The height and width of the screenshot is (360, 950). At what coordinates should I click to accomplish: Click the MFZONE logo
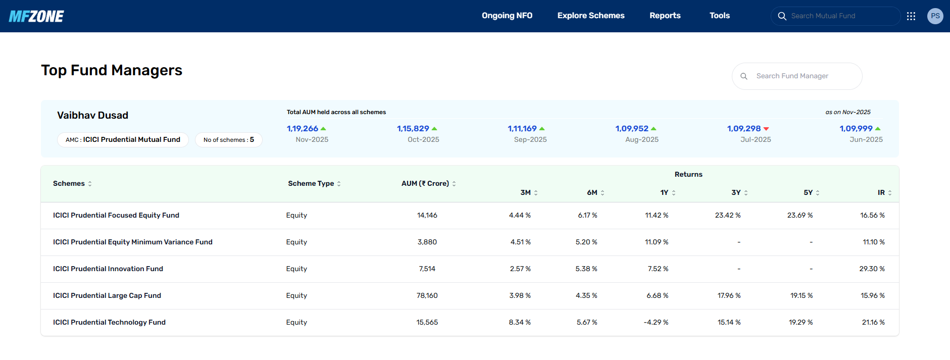[36, 16]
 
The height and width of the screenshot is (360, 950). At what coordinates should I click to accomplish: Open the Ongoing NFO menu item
[507, 16]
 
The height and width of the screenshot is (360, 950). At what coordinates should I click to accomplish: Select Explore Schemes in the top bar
[591, 16]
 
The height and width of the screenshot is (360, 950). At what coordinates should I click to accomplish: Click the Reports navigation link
[665, 16]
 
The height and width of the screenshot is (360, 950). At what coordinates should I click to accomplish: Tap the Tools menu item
[720, 16]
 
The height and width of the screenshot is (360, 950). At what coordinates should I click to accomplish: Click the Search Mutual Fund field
[836, 16]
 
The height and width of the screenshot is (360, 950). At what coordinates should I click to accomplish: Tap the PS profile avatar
[935, 16]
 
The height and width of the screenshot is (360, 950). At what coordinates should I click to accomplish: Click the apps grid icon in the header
[911, 16]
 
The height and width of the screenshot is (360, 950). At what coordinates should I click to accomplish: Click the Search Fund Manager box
[797, 76]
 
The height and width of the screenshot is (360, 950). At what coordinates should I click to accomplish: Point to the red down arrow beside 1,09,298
[766, 129]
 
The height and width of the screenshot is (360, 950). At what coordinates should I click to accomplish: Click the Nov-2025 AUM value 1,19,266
[303, 129]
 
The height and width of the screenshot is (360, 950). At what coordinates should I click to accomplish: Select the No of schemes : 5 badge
[229, 140]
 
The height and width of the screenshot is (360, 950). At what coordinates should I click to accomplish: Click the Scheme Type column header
[311, 183]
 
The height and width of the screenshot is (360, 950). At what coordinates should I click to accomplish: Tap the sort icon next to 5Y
[818, 193]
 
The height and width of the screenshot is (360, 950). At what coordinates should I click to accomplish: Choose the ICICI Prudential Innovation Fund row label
[108, 269]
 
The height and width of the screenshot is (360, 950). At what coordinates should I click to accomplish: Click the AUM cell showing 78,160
[427, 295]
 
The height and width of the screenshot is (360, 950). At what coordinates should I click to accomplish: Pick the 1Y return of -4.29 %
[656, 322]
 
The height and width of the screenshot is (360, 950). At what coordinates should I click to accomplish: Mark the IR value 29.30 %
[872, 269]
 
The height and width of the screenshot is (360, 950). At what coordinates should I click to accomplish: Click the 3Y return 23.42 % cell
[728, 215]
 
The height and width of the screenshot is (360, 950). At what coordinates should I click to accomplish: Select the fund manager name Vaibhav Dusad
[92, 115]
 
